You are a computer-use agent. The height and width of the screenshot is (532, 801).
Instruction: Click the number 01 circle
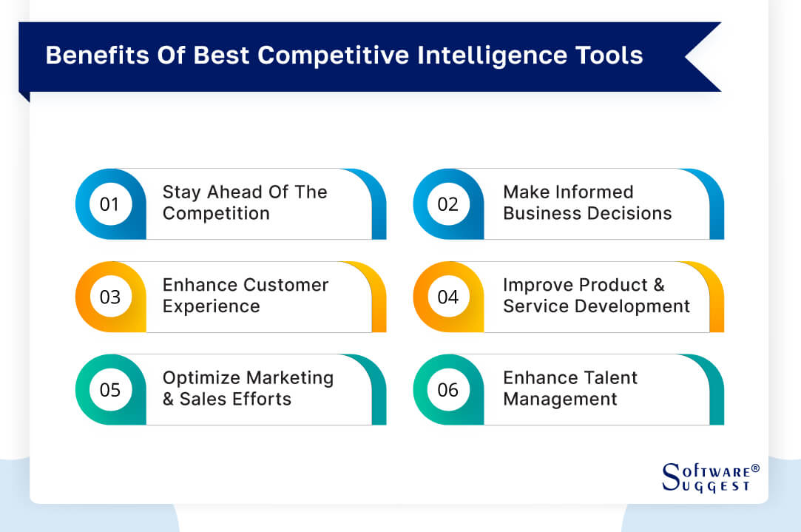pyautogui.click(x=109, y=204)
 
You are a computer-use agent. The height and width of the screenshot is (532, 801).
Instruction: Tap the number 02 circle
pyautogui.click(x=448, y=204)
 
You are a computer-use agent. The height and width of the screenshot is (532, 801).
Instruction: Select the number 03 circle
pyautogui.click(x=109, y=297)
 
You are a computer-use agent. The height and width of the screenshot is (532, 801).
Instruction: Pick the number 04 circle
pyautogui.click(x=448, y=297)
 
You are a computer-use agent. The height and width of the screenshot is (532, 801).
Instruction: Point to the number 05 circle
pyautogui.click(x=109, y=390)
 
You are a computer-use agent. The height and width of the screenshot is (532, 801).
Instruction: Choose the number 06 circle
pyautogui.click(x=448, y=390)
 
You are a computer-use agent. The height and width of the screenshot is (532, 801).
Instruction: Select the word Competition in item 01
pyautogui.click(x=216, y=214)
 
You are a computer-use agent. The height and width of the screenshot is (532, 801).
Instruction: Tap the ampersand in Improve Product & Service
pyautogui.click(x=657, y=285)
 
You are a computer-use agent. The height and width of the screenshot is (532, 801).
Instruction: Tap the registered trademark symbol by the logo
pyautogui.click(x=755, y=469)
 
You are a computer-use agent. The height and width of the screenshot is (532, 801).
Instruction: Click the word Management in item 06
pyautogui.click(x=560, y=400)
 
